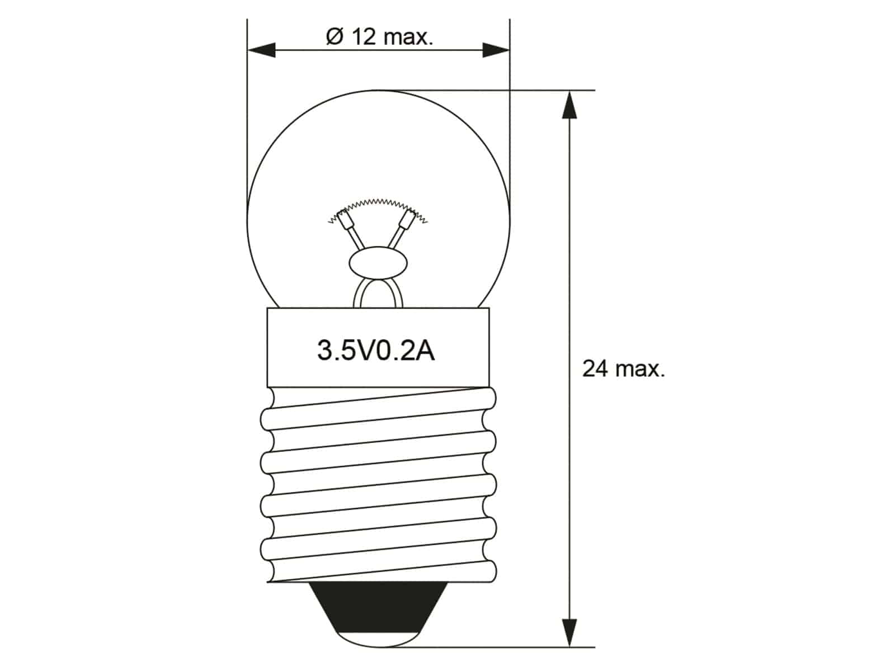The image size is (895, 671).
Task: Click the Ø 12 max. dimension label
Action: (379, 37)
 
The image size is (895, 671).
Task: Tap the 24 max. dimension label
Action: (624, 369)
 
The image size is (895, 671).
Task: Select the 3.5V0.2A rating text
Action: (376, 351)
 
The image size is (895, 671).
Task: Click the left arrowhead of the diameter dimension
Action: (262, 50)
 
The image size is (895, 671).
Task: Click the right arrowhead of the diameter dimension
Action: (496, 50)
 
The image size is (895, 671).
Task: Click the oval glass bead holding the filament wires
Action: (378, 263)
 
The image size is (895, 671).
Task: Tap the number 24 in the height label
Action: (595, 369)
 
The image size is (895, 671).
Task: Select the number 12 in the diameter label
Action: (364, 37)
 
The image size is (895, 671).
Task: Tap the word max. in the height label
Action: (640, 369)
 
